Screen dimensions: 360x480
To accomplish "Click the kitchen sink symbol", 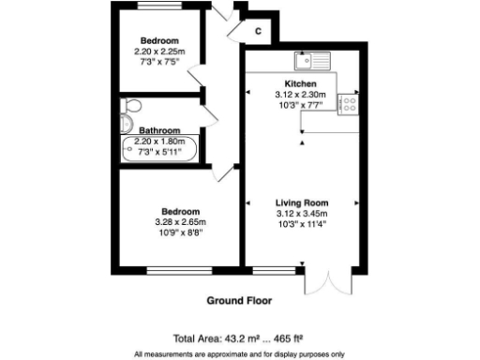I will (x=311, y=63).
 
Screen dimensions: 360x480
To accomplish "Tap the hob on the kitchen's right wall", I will (x=345, y=103).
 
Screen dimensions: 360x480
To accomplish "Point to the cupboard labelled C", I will (x=258, y=30).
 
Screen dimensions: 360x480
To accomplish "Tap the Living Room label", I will (x=301, y=202).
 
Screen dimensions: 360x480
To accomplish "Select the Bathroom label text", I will (x=159, y=130).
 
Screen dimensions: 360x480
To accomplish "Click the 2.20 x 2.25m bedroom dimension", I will (x=158, y=51).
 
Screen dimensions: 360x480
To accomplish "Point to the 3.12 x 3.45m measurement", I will (x=301, y=214).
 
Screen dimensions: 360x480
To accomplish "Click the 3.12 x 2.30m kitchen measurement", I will (x=301, y=94).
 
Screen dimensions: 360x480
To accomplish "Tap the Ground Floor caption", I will (x=239, y=302).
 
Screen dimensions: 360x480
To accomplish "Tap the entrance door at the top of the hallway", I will (x=222, y=19).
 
